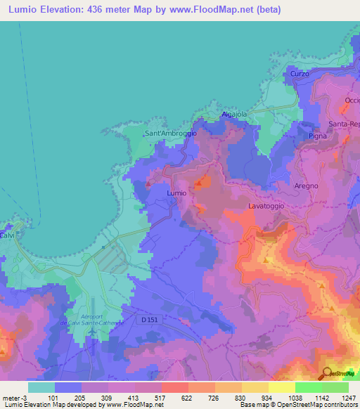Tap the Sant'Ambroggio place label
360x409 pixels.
pyautogui.click(x=169, y=133)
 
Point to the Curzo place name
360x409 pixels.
pyautogui.click(x=300, y=73)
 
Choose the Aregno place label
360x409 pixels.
pyautogui.click(x=306, y=186)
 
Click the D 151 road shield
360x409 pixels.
pyautogui.click(x=148, y=320)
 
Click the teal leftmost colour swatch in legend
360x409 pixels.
pyautogui.click(x=41, y=387)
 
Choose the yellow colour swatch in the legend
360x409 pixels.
pyautogui.click(x=281, y=387)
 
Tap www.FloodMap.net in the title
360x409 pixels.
pyautogui.click(x=214, y=10)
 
